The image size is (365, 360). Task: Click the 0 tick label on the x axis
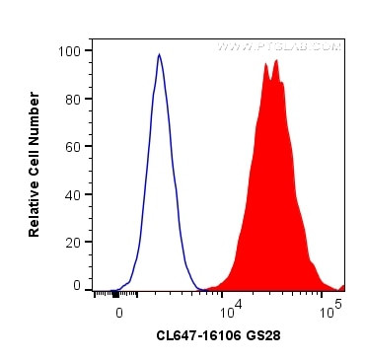119,312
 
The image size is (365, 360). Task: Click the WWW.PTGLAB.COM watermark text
279,46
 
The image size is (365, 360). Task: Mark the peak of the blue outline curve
159,54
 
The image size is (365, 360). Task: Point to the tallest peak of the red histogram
276,60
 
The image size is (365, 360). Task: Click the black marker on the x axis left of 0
116,293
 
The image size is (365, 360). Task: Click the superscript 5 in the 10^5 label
338,305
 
